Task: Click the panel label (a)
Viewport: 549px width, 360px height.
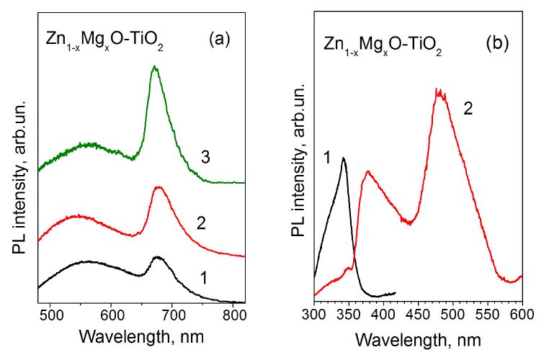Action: [x=218, y=40]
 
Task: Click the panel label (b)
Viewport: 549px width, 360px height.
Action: [x=498, y=42]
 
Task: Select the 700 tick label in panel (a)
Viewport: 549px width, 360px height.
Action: [x=173, y=315]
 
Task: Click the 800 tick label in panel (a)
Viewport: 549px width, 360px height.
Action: [x=233, y=315]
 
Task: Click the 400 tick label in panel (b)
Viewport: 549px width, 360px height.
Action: [x=383, y=315]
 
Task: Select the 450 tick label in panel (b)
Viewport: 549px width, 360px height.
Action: [x=418, y=315]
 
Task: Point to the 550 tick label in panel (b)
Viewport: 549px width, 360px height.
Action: [x=487, y=315]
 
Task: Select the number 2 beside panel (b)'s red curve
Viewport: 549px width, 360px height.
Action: [x=468, y=109]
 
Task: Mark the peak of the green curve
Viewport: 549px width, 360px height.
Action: [x=154, y=67]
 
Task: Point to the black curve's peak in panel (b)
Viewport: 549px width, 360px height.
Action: [x=344, y=158]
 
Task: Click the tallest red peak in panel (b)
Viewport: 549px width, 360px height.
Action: [x=437, y=89]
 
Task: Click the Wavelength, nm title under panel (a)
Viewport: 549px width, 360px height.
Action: [x=143, y=336]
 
